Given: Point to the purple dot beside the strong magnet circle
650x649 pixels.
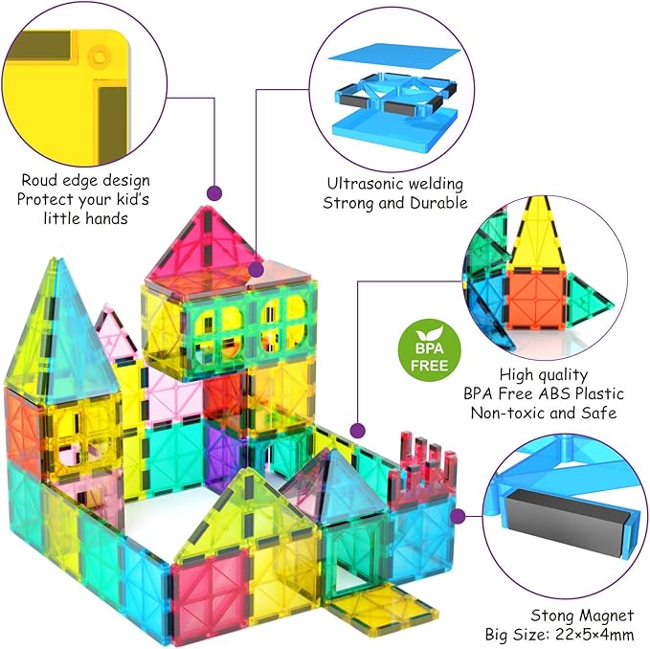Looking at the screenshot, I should [x=458, y=517].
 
